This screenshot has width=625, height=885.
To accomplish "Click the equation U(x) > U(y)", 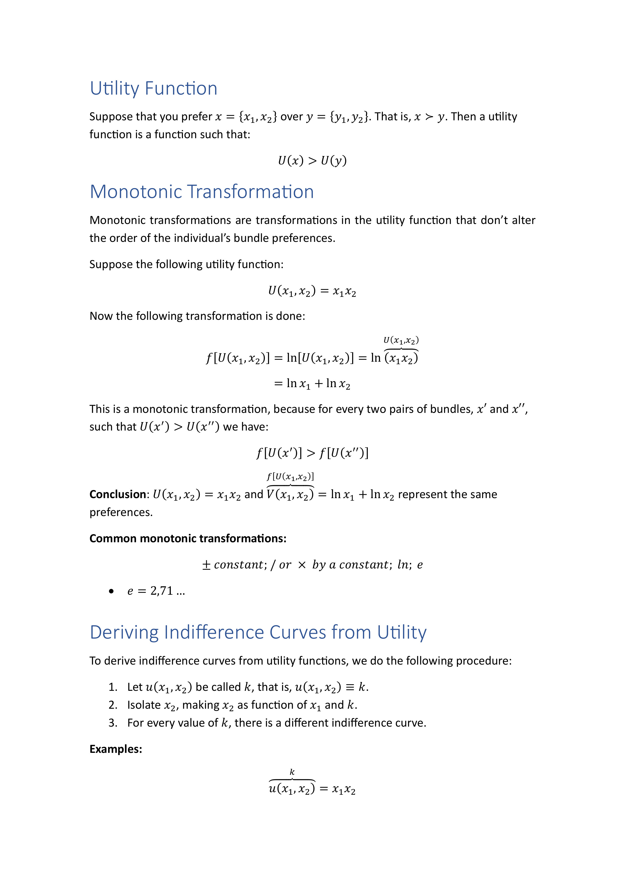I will click(x=312, y=160).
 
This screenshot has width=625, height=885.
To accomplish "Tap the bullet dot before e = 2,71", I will click(x=111, y=591).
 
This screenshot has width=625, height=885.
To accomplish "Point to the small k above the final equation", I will click(x=292, y=772).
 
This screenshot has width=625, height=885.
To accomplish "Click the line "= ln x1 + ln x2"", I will click(x=312, y=384).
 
